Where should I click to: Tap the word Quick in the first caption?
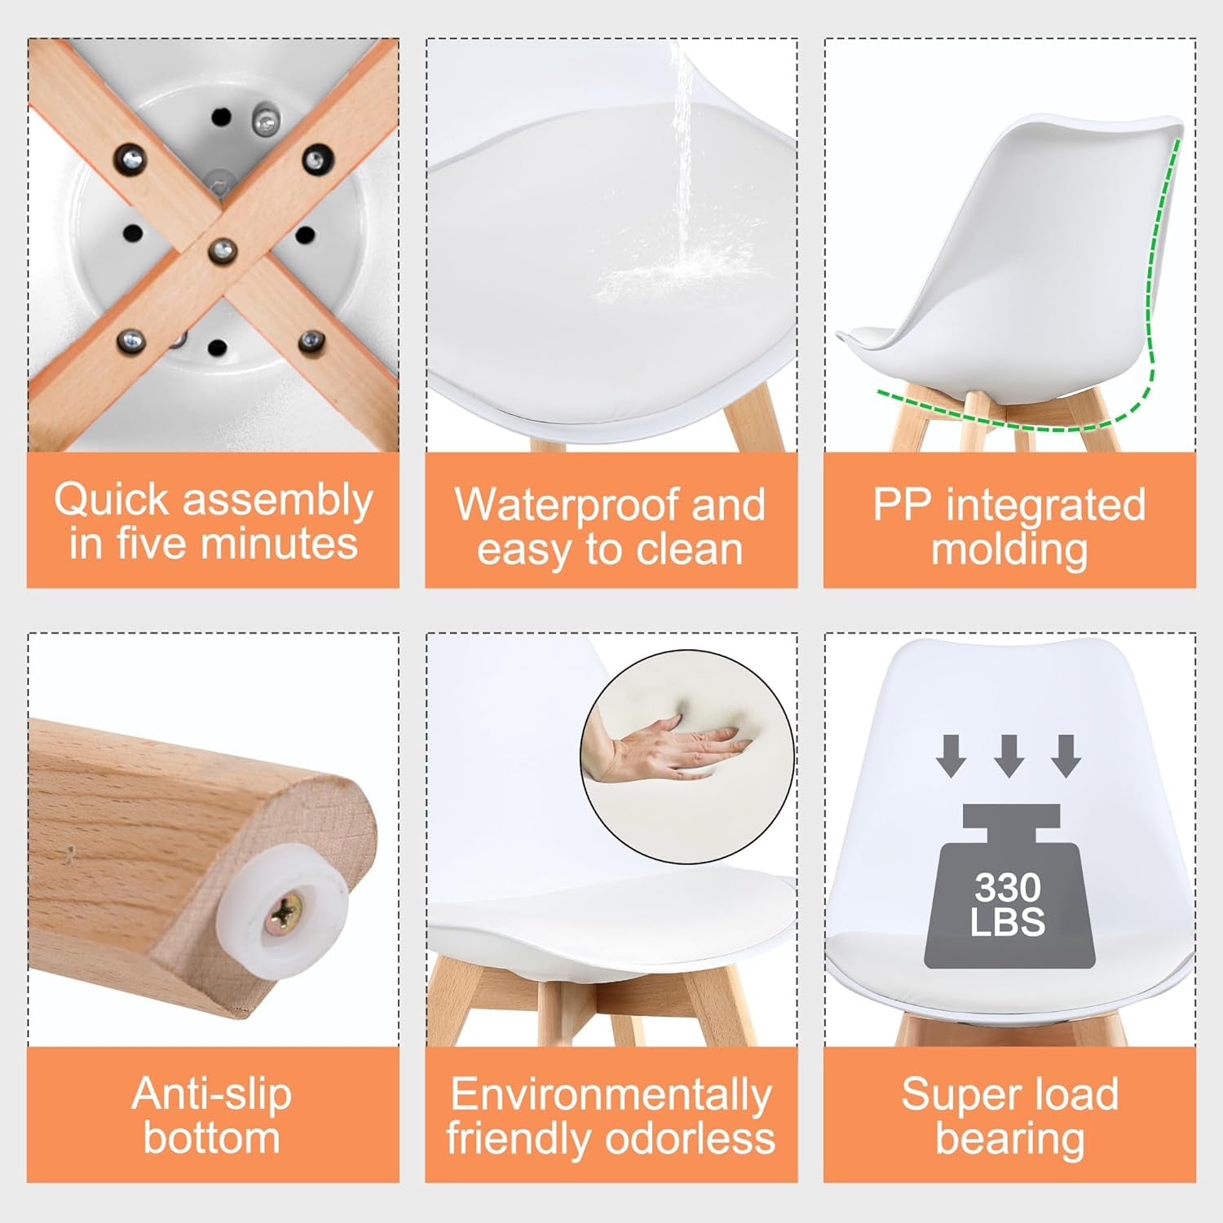[112, 500]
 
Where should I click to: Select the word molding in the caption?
[1009, 550]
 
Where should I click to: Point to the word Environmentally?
[611, 1095]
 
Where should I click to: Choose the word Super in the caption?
[959, 1095]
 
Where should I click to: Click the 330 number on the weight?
[1008, 887]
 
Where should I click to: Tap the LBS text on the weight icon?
[1008, 922]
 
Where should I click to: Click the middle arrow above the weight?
[1009, 755]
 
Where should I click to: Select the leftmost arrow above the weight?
[951, 755]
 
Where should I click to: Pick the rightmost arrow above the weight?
[1066, 755]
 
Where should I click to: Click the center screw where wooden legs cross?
[222, 249]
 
